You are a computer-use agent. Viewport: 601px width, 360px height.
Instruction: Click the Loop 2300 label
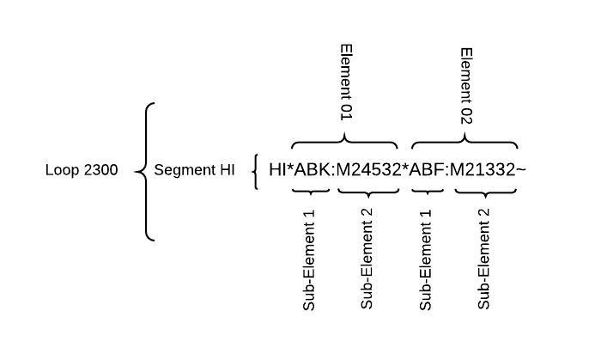(x=82, y=170)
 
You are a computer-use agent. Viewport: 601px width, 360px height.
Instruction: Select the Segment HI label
(x=194, y=170)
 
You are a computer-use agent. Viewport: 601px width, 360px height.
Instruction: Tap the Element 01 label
(x=346, y=82)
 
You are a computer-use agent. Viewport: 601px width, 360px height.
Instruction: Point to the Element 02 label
(x=466, y=86)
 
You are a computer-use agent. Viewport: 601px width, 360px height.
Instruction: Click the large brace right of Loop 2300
(x=146, y=172)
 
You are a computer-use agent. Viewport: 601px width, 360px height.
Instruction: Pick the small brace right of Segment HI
(x=254, y=172)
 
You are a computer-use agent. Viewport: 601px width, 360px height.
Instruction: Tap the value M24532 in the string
(x=368, y=170)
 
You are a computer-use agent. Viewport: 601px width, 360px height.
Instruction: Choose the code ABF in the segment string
(x=426, y=170)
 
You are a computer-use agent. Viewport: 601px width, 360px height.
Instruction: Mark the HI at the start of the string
(x=277, y=170)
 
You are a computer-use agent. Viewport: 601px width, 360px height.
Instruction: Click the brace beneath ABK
(x=311, y=192)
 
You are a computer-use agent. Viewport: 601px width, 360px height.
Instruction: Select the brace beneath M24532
(x=368, y=192)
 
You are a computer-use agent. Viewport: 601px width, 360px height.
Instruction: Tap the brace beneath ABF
(x=428, y=192)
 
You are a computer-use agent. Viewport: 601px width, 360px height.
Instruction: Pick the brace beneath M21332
(x=486, y=192)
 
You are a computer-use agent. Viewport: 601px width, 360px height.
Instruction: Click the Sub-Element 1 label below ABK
(x=309, y=260)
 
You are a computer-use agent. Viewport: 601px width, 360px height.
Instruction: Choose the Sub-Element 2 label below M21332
(x=483, y=259)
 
